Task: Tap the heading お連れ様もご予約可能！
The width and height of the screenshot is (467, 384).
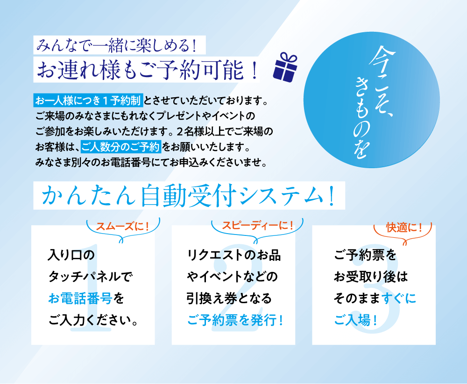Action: click(x=147, y=70)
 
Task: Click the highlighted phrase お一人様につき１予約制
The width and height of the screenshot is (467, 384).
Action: click(x=88, y=100)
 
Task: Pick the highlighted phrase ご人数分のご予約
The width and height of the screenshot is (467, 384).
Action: click(x=121, y=147)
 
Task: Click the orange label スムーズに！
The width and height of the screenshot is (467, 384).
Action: click(x=122, y=227)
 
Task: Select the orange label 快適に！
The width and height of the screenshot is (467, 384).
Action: click(x=404, y=228)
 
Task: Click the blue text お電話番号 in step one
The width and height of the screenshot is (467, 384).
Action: click(x=80, y=299)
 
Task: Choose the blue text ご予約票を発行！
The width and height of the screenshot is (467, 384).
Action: click(x=235, y=320)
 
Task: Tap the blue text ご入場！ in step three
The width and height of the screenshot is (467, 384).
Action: click(x=355, y=320)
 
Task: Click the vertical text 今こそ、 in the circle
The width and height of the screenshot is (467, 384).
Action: click(x=383, y=81)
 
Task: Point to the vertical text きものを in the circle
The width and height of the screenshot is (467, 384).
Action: click(x=363, y=117)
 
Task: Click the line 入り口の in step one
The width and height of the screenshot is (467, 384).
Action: click(x=71, y=255)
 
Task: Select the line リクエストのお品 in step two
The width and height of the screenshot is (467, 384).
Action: click(x=234, y=256)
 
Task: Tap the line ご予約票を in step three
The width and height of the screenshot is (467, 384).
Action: click(x=365, y=255)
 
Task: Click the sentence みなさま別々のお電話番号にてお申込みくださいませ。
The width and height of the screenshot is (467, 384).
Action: click(x=151, y=163)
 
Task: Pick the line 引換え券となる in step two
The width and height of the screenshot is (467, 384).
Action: click(x=229, y=299)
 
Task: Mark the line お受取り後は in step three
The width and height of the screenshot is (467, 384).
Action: click(x=370, y=277)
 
